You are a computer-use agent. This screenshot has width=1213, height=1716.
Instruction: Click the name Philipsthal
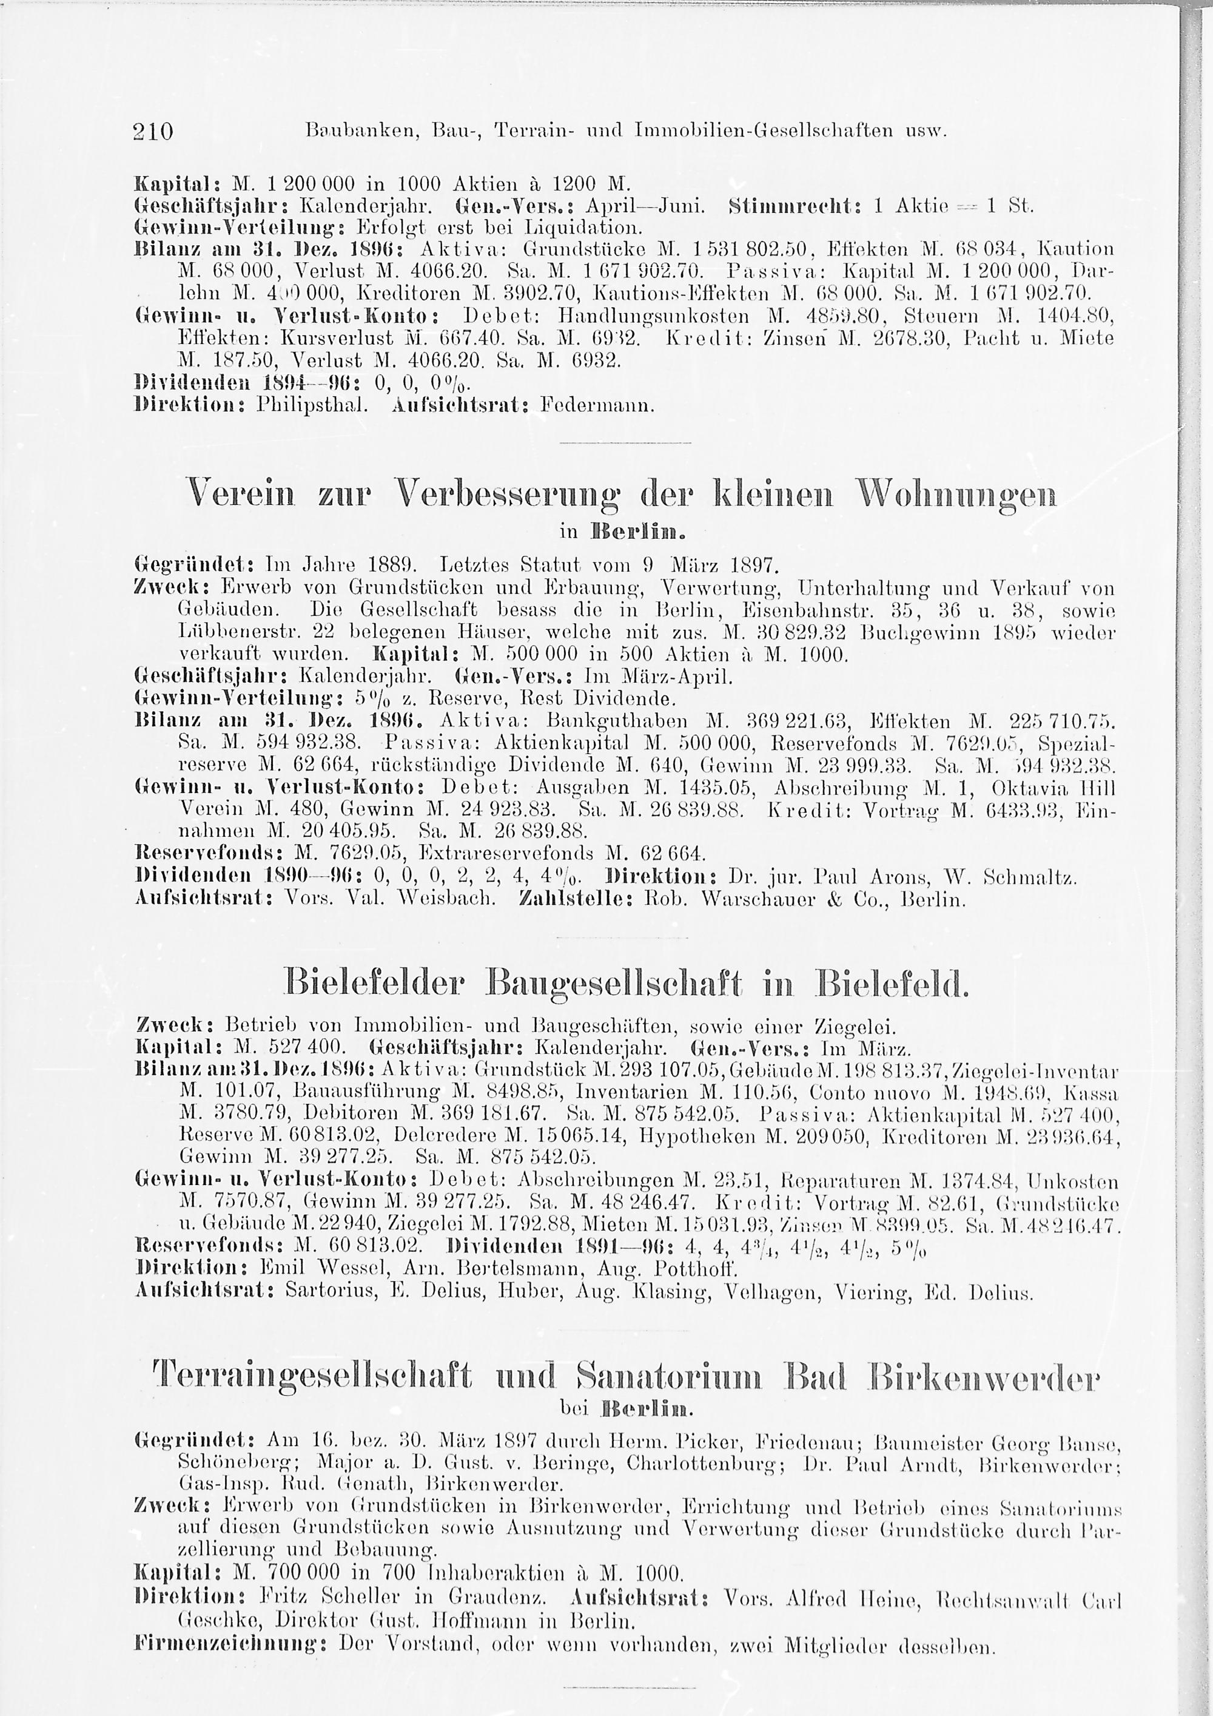click(x=299, y=407)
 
